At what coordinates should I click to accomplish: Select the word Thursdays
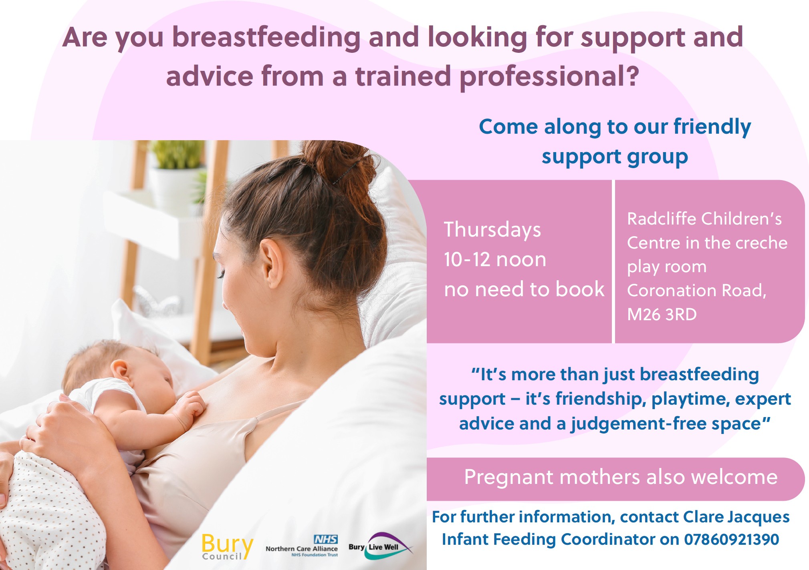(x=492, y=230)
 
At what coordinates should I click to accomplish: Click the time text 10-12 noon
(x=495, y=259)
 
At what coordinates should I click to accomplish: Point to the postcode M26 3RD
(x=662, y=314)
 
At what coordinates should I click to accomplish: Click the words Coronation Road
(x=696, y=291)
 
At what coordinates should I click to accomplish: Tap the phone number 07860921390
(x=731, y=539)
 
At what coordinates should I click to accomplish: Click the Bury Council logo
(x=227, y=547)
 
